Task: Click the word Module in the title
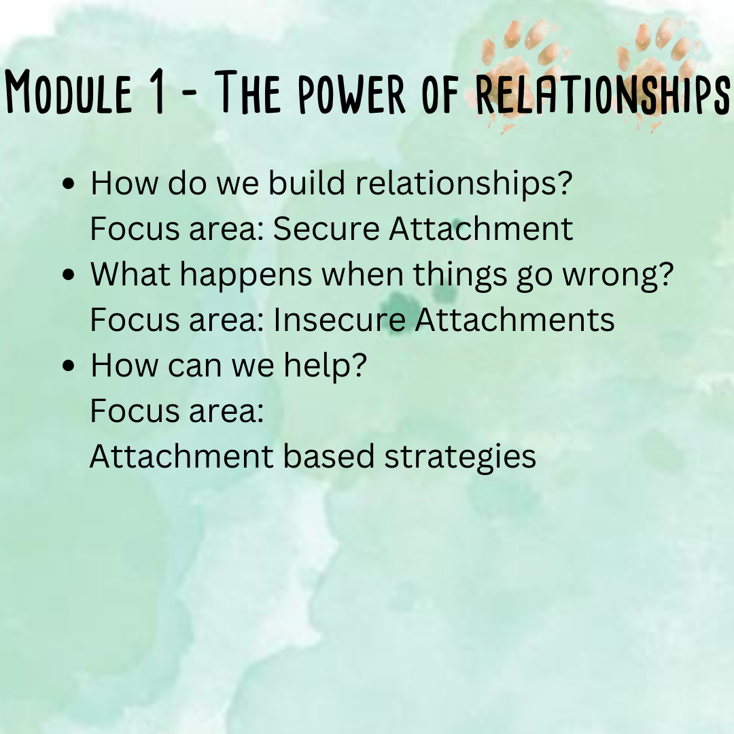[69, 91]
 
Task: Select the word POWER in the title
[351, 92]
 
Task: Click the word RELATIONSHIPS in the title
[603, 92]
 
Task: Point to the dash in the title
[188, 94]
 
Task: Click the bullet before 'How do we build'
[69, 184]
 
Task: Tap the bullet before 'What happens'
[69, 275]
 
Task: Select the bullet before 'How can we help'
[69, 366]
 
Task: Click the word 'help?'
[326, 366]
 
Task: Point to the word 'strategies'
[459, 457]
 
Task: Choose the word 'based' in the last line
[329, 457]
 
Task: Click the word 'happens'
[246, 275]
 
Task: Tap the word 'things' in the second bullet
[459, 275]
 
